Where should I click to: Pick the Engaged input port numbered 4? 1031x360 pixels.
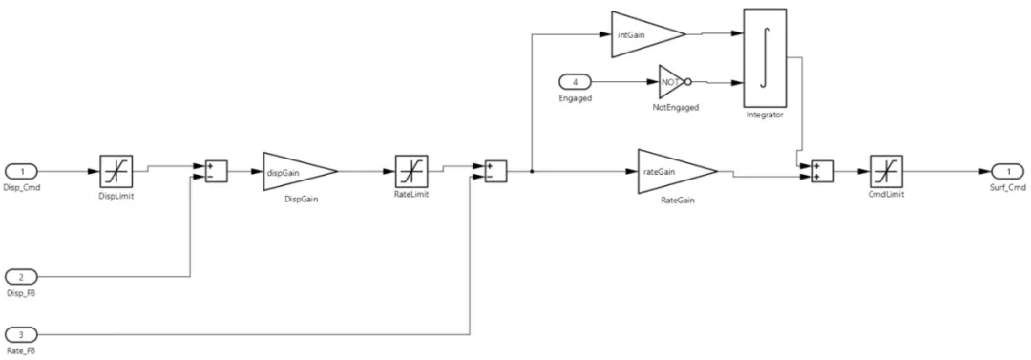[x=581, y=82]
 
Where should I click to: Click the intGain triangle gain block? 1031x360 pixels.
[x=645, y=33]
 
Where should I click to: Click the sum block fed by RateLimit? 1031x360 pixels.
[x=494, y=171]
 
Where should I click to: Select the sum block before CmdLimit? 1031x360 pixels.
[x=823, y=171]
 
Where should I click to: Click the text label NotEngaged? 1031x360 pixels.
[x=676, y=108]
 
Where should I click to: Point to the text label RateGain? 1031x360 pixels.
[x=675, y=202]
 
